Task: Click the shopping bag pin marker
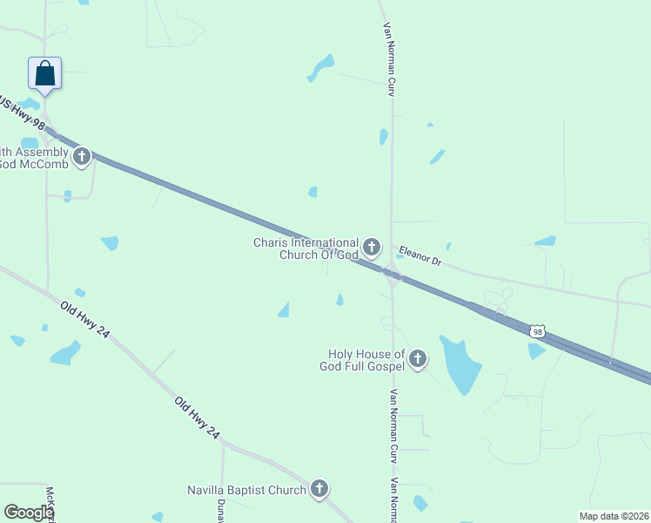tap(45, 74)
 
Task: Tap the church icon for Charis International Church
tap(372, 248)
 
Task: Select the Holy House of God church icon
tap(418, 358)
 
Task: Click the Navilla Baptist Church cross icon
tap(319, 489)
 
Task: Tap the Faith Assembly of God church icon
tap(82, 158)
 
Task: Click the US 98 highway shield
tap(538, 331)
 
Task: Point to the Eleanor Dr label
tap(420, 255)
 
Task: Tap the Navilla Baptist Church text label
tap(247, 490)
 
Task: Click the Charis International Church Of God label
tap(305, 248)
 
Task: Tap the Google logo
tap(30, 513)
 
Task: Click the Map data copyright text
tap(614, 516)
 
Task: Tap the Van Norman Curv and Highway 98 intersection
tap(393, 278)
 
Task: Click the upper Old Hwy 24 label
tap(84, 320)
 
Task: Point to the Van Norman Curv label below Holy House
tap(393, 425)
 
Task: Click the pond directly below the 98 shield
tap(535, 350)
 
